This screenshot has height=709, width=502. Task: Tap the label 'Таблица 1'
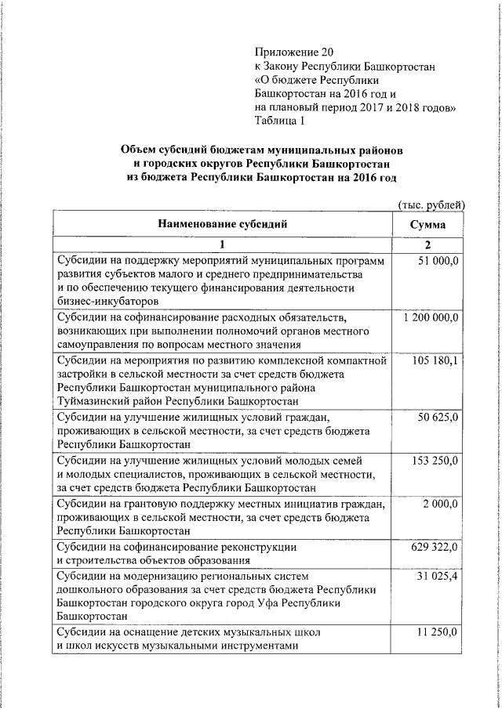point(279,121)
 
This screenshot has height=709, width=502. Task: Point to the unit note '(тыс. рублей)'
point(431,205)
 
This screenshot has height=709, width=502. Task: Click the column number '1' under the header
point(222,244)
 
